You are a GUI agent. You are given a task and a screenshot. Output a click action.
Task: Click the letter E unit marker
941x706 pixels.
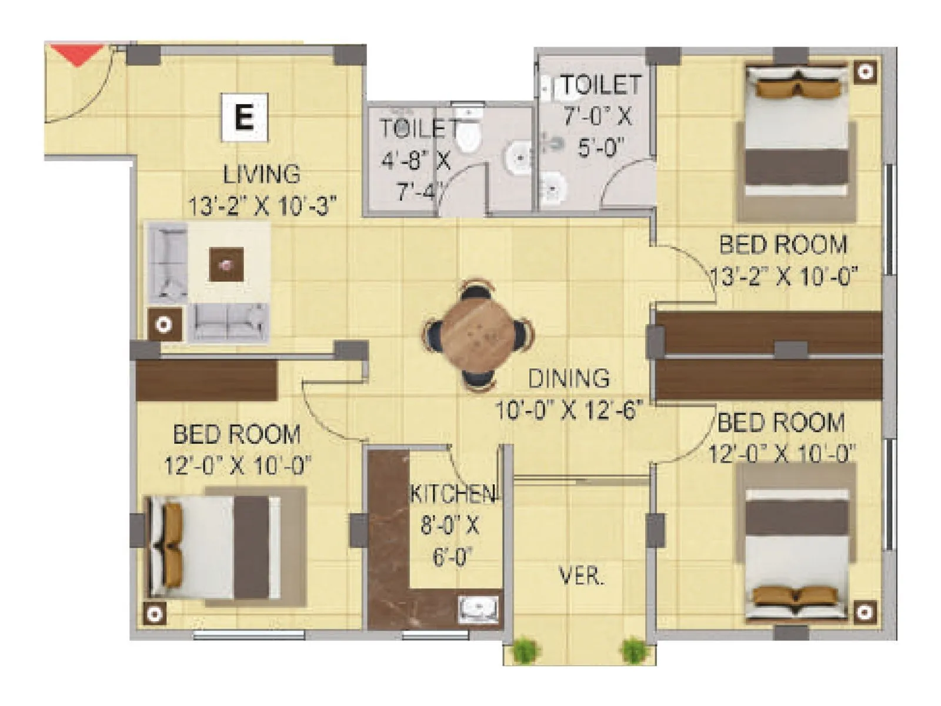(244, 117)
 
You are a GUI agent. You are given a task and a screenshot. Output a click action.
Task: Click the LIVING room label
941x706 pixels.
(262, 174)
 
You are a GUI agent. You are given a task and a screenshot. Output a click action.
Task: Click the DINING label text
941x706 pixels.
(568, 378)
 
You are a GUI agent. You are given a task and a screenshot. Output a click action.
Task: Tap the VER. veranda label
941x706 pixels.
(580, 577)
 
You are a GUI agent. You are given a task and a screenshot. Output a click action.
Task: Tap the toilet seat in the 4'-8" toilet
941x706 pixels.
(469, 138)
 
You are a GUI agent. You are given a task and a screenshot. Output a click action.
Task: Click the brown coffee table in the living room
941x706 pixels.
(226, 265)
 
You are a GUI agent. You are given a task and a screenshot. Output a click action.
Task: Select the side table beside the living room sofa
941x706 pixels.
(164, 324)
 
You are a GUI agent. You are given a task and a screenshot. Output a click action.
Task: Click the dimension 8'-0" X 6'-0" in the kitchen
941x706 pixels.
(450, 540)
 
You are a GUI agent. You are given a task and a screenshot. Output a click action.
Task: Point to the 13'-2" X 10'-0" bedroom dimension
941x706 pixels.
(784, 275)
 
